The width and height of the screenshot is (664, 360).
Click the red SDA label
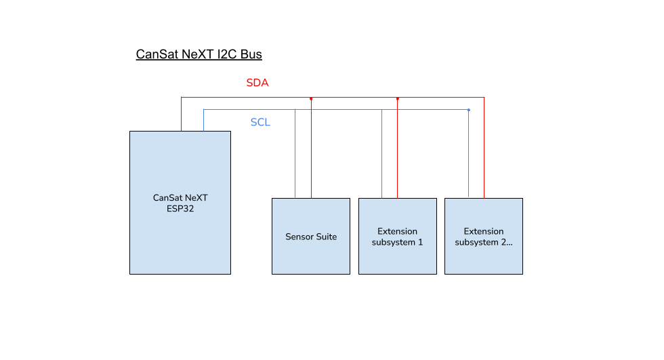[x=257, y=83]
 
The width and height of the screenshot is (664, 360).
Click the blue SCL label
[x=260, y=123]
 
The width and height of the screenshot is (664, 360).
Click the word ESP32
[x=180, y=209]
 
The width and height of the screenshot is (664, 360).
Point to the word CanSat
[x=167, y=198]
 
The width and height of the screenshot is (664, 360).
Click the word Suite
[x=325, y=237]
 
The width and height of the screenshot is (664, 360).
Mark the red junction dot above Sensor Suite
[x=311, y=99]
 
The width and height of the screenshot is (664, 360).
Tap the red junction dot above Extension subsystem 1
[x=398, y=99]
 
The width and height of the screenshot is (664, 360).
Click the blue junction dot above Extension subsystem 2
[x=468, y=109]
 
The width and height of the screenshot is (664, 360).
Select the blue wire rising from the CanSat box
[x=204, y=120]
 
